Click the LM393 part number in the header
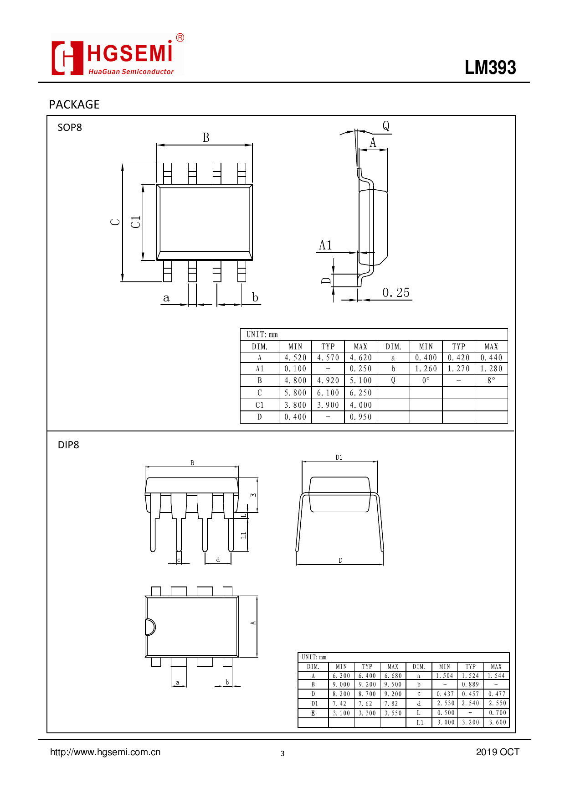click(x=490, y=68)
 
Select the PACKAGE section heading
click(x=74, y=104)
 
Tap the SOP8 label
click(x=70, y=128)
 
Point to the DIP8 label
click(x=68, y=445)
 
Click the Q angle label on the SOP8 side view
click(x=386, y=126)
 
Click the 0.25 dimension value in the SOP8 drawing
click(x=395, y=293)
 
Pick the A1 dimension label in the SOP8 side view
click(x=325, y=245)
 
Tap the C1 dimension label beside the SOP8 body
click(x=136, y=222)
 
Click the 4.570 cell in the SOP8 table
click(x=328, y=358)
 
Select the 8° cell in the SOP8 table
click(x=491, y=381)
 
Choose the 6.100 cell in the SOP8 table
click(x=328, y=393)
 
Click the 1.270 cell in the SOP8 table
click(x=458, y=369)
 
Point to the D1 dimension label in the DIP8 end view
click(x=339, y=457)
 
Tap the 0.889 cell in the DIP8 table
click(x=470, y=685)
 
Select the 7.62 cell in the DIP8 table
click(x=367, y=704)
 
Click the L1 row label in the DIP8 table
click(x=420, y=722)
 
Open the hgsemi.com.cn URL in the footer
click(x=105, y=752)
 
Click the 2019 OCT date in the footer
click(x=498, y=752)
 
